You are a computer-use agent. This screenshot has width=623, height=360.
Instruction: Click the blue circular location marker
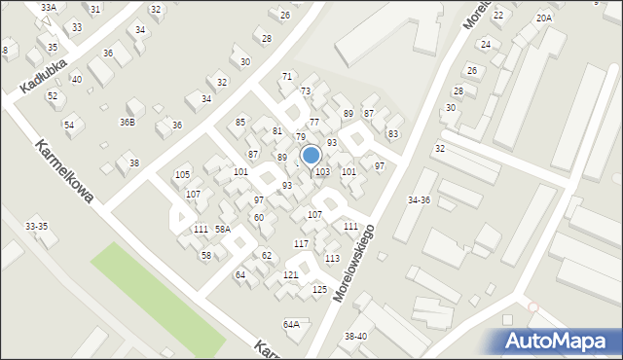pyautogui.click(x=311, y=156)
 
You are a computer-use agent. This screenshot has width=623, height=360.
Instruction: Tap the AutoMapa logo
pyautogui.click(x=557, y=340)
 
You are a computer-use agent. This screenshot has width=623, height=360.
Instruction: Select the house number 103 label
pyautogui.click(x=322, y=172)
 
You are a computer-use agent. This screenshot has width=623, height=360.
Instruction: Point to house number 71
pyautogui.click(x=287, y=76)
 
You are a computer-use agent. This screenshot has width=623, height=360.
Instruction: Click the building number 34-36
pyautogui.click(x=419, y=200)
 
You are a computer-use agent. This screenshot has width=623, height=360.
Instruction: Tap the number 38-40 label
pyautogui.click(x=355, y=336)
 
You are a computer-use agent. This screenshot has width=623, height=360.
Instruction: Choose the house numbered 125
pyautogui.click(x=319, y=290)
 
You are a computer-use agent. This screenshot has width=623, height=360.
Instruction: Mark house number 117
pyautogui.click(x=302, y=243)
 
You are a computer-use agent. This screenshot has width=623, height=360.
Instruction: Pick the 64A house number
pyautogui.click(x=291, y=324)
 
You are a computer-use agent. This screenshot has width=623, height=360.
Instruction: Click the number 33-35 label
pyautogui.click(x=36, y=226)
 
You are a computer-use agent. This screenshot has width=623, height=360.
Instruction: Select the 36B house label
pyautogui.click(x=128, y=122)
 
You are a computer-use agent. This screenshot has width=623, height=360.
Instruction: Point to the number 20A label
pyautogui.click(x=543, y=18)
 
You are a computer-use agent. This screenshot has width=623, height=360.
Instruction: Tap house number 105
pyautogui.click(x=182, y=174)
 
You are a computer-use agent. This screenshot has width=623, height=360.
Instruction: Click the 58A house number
pyautogui.click(x=223, y=229)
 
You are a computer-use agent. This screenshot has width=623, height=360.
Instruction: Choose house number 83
pyautogui.click(x=393, y=133)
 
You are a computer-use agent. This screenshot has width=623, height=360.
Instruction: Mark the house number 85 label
pyautogui.click(x=240, y=122)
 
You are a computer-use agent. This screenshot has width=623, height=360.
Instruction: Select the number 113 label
pyautogui.click(x=333, y=258)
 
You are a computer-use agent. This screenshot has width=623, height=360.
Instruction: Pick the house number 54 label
pyautogui.click(x=69, y=126)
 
